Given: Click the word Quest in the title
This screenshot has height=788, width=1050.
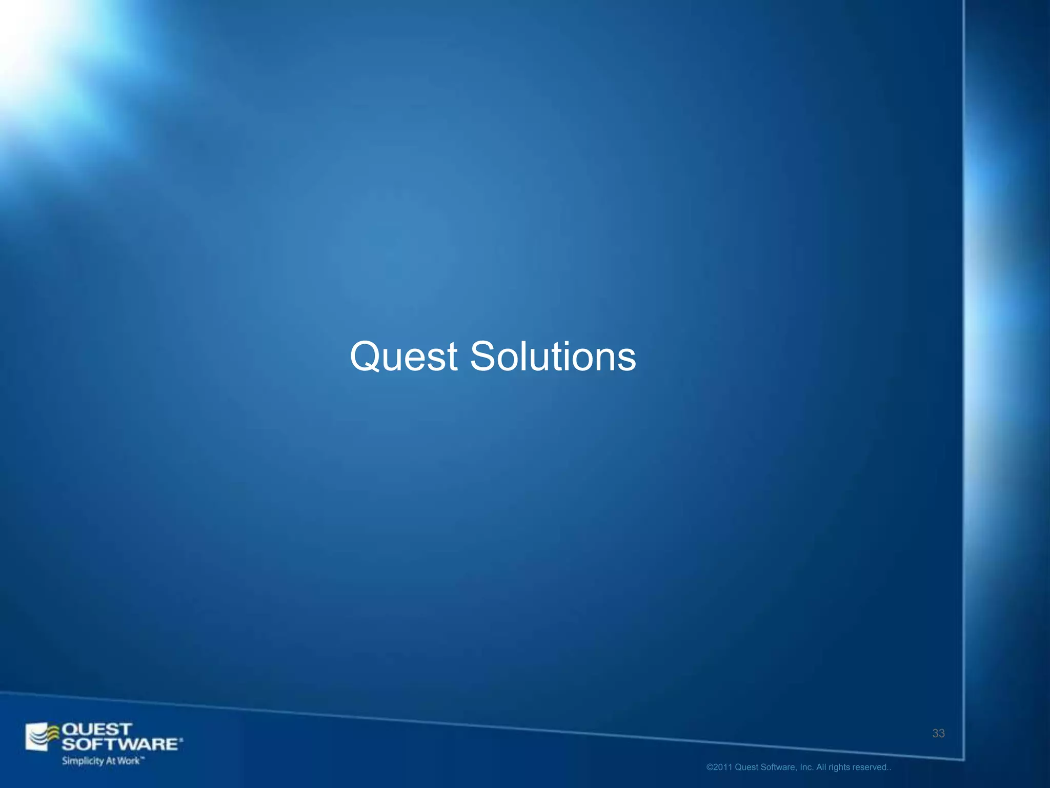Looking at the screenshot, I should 403,357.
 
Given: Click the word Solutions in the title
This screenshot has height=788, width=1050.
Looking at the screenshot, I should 553,357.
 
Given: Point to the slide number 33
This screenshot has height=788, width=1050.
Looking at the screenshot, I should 938,734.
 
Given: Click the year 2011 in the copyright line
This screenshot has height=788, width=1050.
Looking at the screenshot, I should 723,767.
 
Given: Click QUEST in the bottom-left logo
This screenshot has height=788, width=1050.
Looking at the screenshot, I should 96,730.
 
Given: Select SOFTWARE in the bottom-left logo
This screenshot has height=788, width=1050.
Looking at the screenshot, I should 121,744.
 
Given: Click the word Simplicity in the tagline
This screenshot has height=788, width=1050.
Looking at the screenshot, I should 83,761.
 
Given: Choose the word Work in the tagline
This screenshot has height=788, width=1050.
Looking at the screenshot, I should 128,761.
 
